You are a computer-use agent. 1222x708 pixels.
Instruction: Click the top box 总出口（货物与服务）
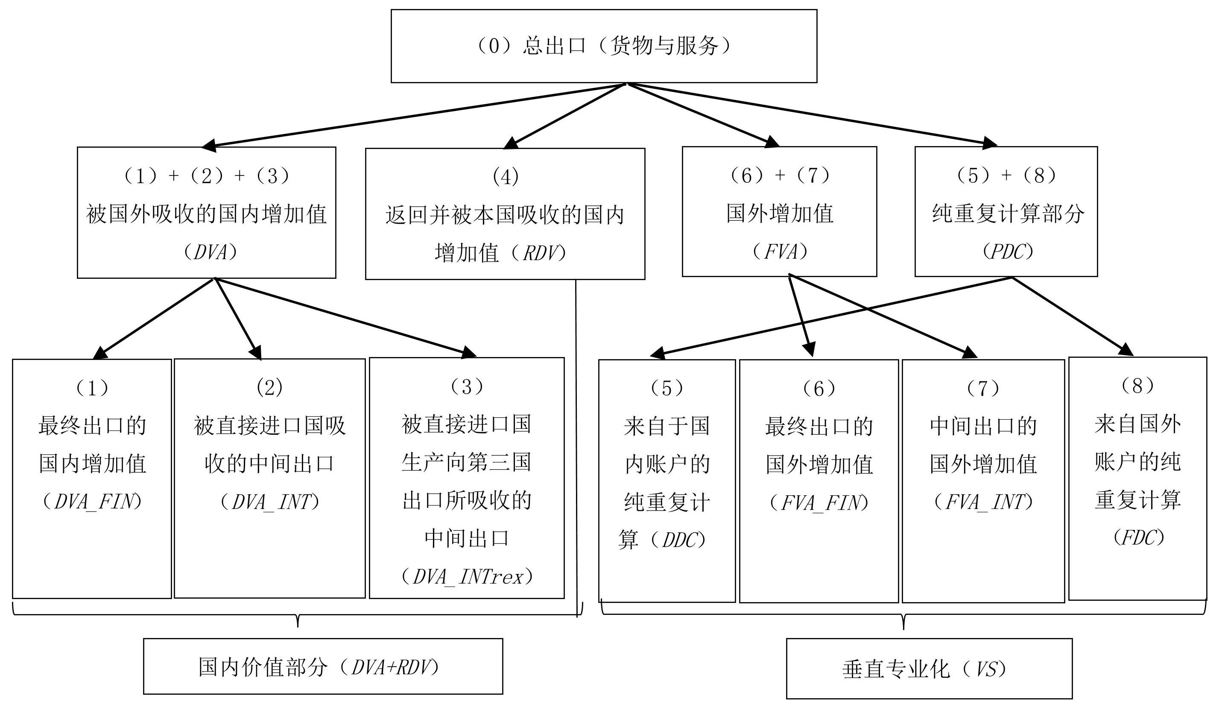(x=604, y=46)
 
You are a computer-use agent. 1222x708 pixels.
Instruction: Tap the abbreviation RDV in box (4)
(x=539, y=253)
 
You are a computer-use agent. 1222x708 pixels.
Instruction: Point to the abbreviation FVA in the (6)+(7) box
(x=780, y=252)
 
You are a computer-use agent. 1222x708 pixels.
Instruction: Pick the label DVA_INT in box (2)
(x=271, y=502)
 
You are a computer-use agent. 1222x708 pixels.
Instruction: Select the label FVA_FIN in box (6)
(x=819, y=503)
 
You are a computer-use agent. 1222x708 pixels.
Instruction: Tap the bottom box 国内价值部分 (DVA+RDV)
(x=323, y=666)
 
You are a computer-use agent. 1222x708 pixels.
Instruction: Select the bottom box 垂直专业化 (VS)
(x=929, y=669)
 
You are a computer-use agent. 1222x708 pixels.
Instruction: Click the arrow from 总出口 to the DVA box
(x=415, y=115)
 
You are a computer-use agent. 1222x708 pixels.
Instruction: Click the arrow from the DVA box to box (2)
(x=238, y=319)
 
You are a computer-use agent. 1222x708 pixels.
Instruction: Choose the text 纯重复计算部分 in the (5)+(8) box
(x=1008, y=214)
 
